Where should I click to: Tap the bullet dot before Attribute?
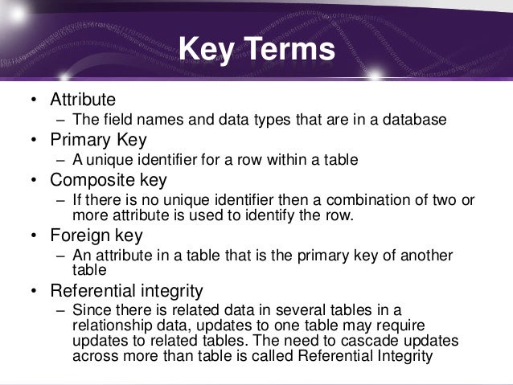[x=34, y=100]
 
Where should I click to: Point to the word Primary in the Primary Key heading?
[x=81, y=140]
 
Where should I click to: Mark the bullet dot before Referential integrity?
[x=34, y=290]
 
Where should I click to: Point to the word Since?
[x=89, y=309]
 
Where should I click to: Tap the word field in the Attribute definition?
[x=116, y=121]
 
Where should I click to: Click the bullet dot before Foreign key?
[x=34, y=236]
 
